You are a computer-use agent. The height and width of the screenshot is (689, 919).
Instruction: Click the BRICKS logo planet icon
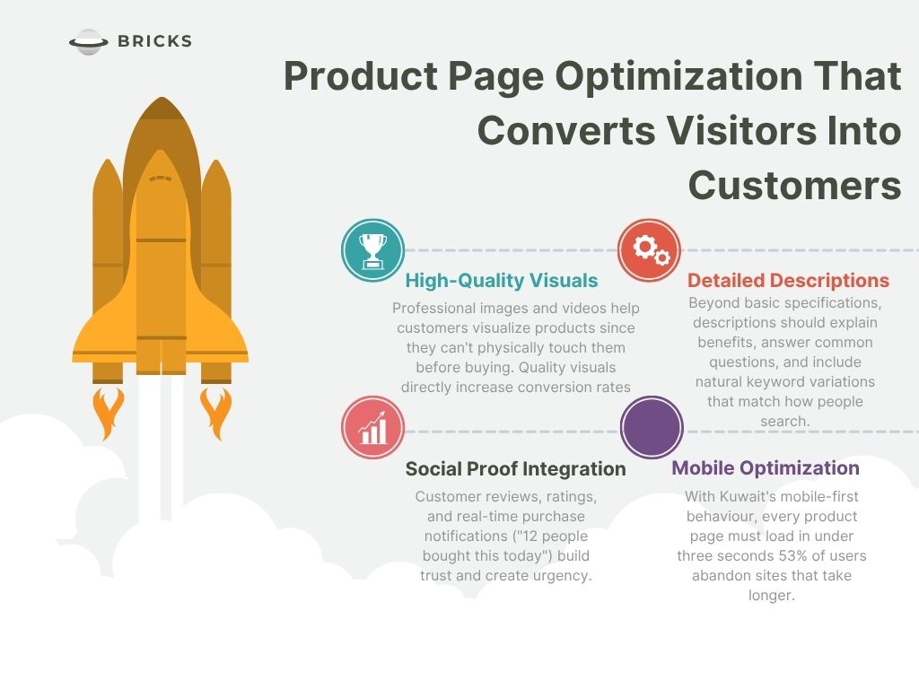[88, 41]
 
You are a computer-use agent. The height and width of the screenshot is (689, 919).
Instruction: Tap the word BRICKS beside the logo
[154, 41]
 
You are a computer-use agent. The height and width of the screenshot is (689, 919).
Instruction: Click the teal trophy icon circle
[372, 250]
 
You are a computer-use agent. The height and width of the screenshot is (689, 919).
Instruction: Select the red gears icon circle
[649, 250]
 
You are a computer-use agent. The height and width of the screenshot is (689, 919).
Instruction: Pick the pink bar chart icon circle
[372, 428]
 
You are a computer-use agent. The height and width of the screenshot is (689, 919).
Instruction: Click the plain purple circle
[652, 428]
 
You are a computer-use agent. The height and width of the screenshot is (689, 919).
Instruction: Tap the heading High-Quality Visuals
[501, 281]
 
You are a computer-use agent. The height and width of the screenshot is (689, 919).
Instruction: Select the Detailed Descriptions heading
[788, 281]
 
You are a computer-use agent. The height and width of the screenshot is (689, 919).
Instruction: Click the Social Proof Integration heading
[515, 468]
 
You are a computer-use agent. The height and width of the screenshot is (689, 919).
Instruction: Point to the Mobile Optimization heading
[766, 467]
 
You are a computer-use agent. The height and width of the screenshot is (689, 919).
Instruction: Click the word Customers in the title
[794, 186]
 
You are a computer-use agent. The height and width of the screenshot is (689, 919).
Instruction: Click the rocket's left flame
[108, 412]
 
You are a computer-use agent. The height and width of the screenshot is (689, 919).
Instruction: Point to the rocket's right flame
[216, 412]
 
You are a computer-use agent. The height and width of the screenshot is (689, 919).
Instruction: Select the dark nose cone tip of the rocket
[161, 108]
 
